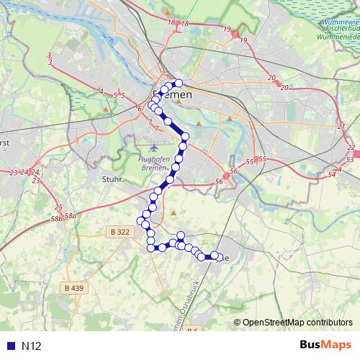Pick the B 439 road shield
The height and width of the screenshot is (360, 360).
(x=74, y=288)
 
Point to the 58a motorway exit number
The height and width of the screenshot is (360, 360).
(x=71, y=215)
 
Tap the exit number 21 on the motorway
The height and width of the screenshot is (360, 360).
(x=341, y=126)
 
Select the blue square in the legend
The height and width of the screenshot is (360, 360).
(x=10, y=346)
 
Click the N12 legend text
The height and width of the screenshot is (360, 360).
(x=31, y=346)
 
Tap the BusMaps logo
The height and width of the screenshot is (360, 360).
(x=325, y=346)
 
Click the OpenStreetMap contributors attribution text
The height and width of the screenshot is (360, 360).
(x=297, y=322)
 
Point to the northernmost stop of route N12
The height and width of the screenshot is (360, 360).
(x=179, y=82)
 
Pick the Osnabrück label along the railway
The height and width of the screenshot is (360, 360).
(x=184, y=305)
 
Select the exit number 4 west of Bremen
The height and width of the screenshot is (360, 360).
(x=102, y=91)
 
